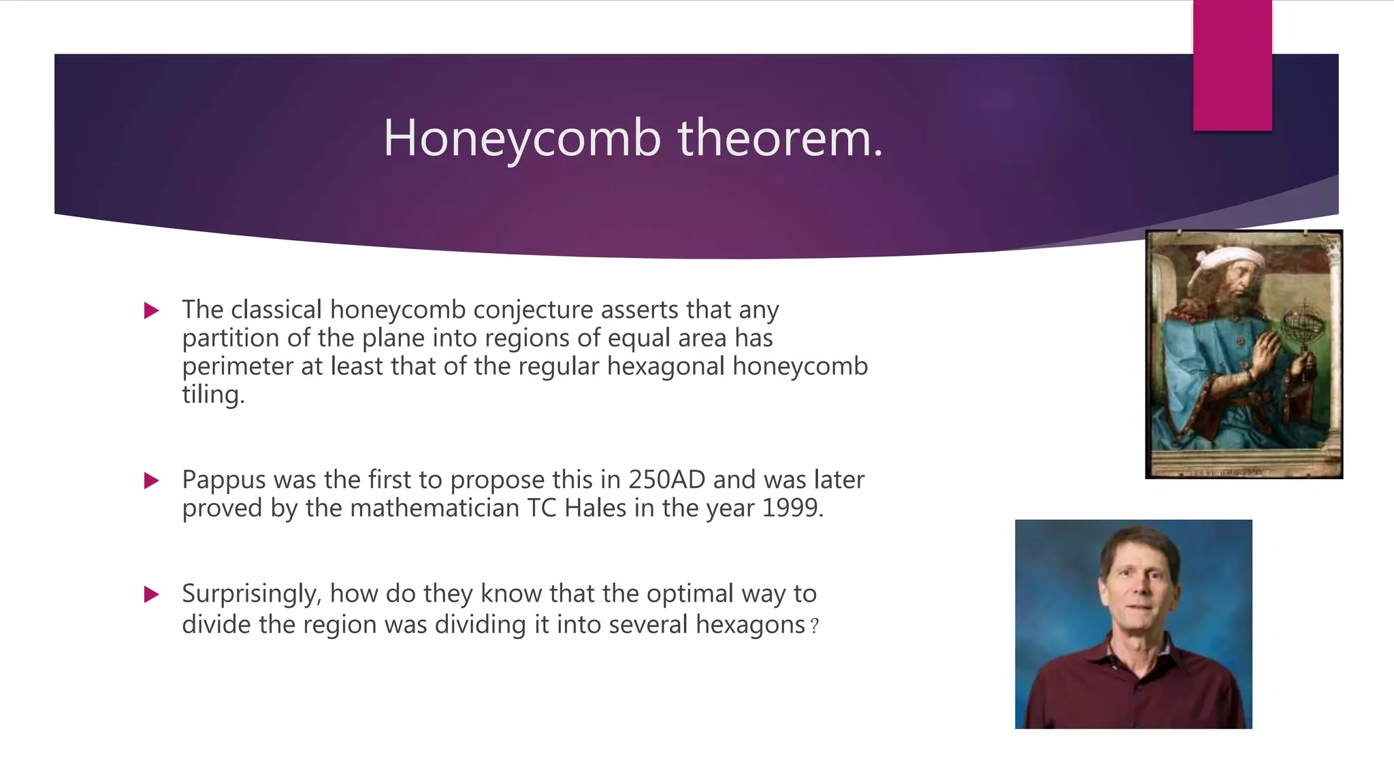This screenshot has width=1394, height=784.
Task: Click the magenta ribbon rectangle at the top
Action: (x=1232, y=65)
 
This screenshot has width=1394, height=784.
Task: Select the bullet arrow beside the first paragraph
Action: (x=152, y=311)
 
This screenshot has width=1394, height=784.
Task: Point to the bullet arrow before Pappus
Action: (x=152, y=481)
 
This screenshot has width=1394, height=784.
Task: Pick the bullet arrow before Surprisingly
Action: (x=152, y=595)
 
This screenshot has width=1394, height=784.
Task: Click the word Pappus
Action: (x=223, y=480)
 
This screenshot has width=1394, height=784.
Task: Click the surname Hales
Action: (x=595, y=508)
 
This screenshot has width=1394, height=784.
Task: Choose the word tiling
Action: (x=212, y=395)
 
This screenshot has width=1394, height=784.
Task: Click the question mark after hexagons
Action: (x=815, y=626)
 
